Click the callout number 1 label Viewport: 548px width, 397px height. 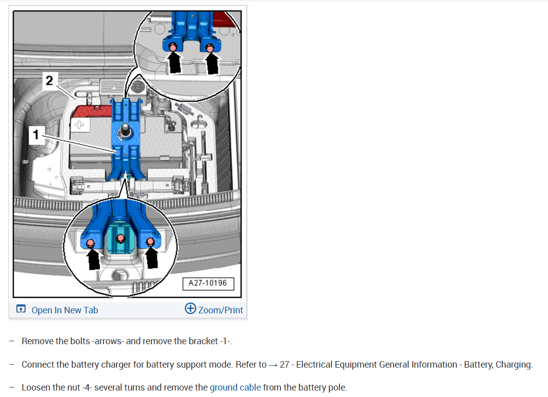pyautogui.click(x=36, y=134)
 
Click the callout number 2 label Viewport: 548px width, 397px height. pyautogui.click(x=50, y=81)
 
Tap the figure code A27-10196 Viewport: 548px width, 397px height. pyautogui.click(x=208, y=283)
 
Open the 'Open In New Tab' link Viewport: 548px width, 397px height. pyautogui.click(x=65, y=310)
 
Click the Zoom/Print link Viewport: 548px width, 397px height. pyautogui.click(x=221, y=310)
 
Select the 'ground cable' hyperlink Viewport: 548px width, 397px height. pyautogui.click(x=235, y=387)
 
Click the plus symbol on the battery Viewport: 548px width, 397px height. pyautogui.click(x=79, y=125)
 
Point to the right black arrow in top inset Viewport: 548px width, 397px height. pyautogui.click(x=212, y=63)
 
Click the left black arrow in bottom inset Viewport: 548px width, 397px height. pyautogui.click(x=93, y=259)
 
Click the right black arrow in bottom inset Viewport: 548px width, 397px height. pyautogui.click(x=152, y=257)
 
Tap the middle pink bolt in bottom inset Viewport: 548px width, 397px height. pyautogui.click(x=120, y=239)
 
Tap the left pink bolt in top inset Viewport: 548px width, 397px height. pyautogui.click(x=173, y=47)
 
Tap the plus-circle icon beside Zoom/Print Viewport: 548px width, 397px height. pyautogui.click(x=190, y=308)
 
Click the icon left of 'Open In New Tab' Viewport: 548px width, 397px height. pyautogui.click(x=21, y=309)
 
